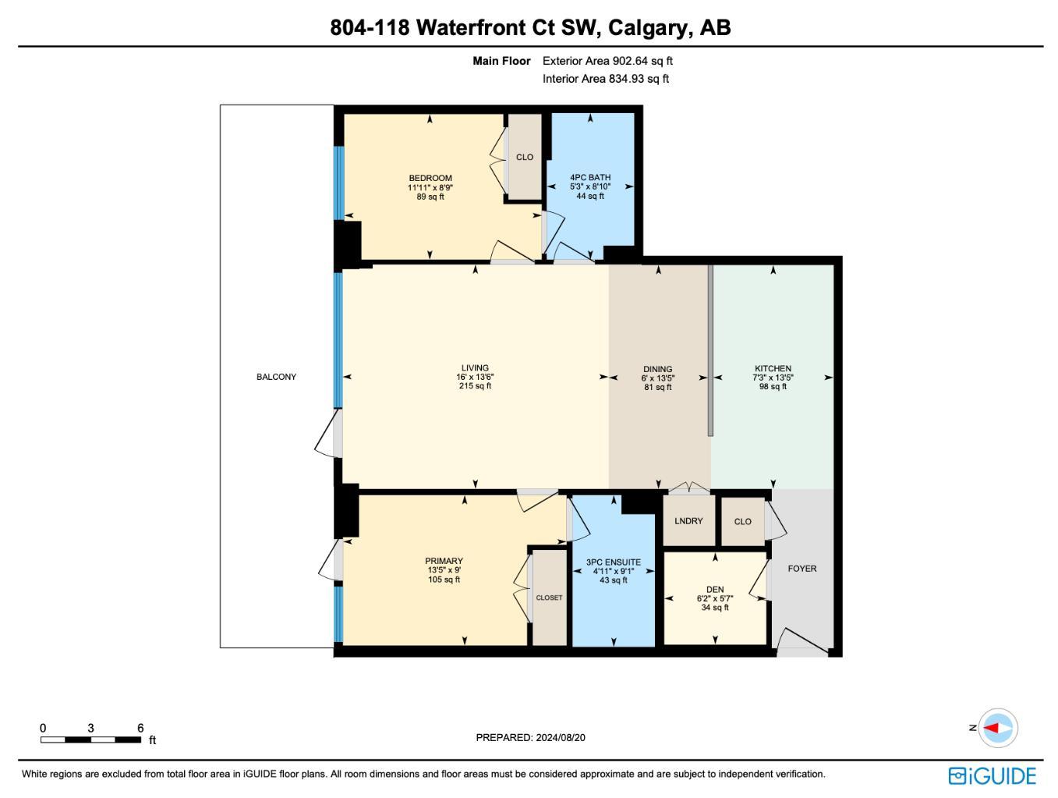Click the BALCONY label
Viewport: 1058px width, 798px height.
[x=276, y=377]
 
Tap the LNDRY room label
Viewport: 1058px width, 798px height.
[x=688, y=521]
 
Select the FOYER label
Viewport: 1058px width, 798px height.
[x=801, y=569]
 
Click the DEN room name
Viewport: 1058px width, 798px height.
[x=714, y=589]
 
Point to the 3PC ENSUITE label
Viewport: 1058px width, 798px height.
[x=613, y=562]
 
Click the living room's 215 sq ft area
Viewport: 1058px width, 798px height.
[x=475, y=386]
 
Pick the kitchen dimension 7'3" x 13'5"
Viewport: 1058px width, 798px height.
[x=773, y=378]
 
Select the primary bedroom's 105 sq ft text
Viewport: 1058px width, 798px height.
[x=444, y=579]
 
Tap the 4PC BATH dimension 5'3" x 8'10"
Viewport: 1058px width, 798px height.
[x=590, y=186]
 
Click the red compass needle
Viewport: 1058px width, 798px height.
[x=991, y=728]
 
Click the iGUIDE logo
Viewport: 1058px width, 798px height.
[x=992, y=776]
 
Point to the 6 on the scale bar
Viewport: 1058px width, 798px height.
[x=140, y=728]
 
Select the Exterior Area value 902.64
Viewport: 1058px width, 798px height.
[x=628, y=61]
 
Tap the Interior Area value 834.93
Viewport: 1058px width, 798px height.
[x=626, y=79]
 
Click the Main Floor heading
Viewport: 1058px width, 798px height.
[x=501, y=61]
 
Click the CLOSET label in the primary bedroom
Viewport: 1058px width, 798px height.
[x=549, y=598]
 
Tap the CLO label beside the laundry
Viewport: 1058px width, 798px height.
[x=742, y=521]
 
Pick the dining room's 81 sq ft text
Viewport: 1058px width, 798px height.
[x=657, y=387]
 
